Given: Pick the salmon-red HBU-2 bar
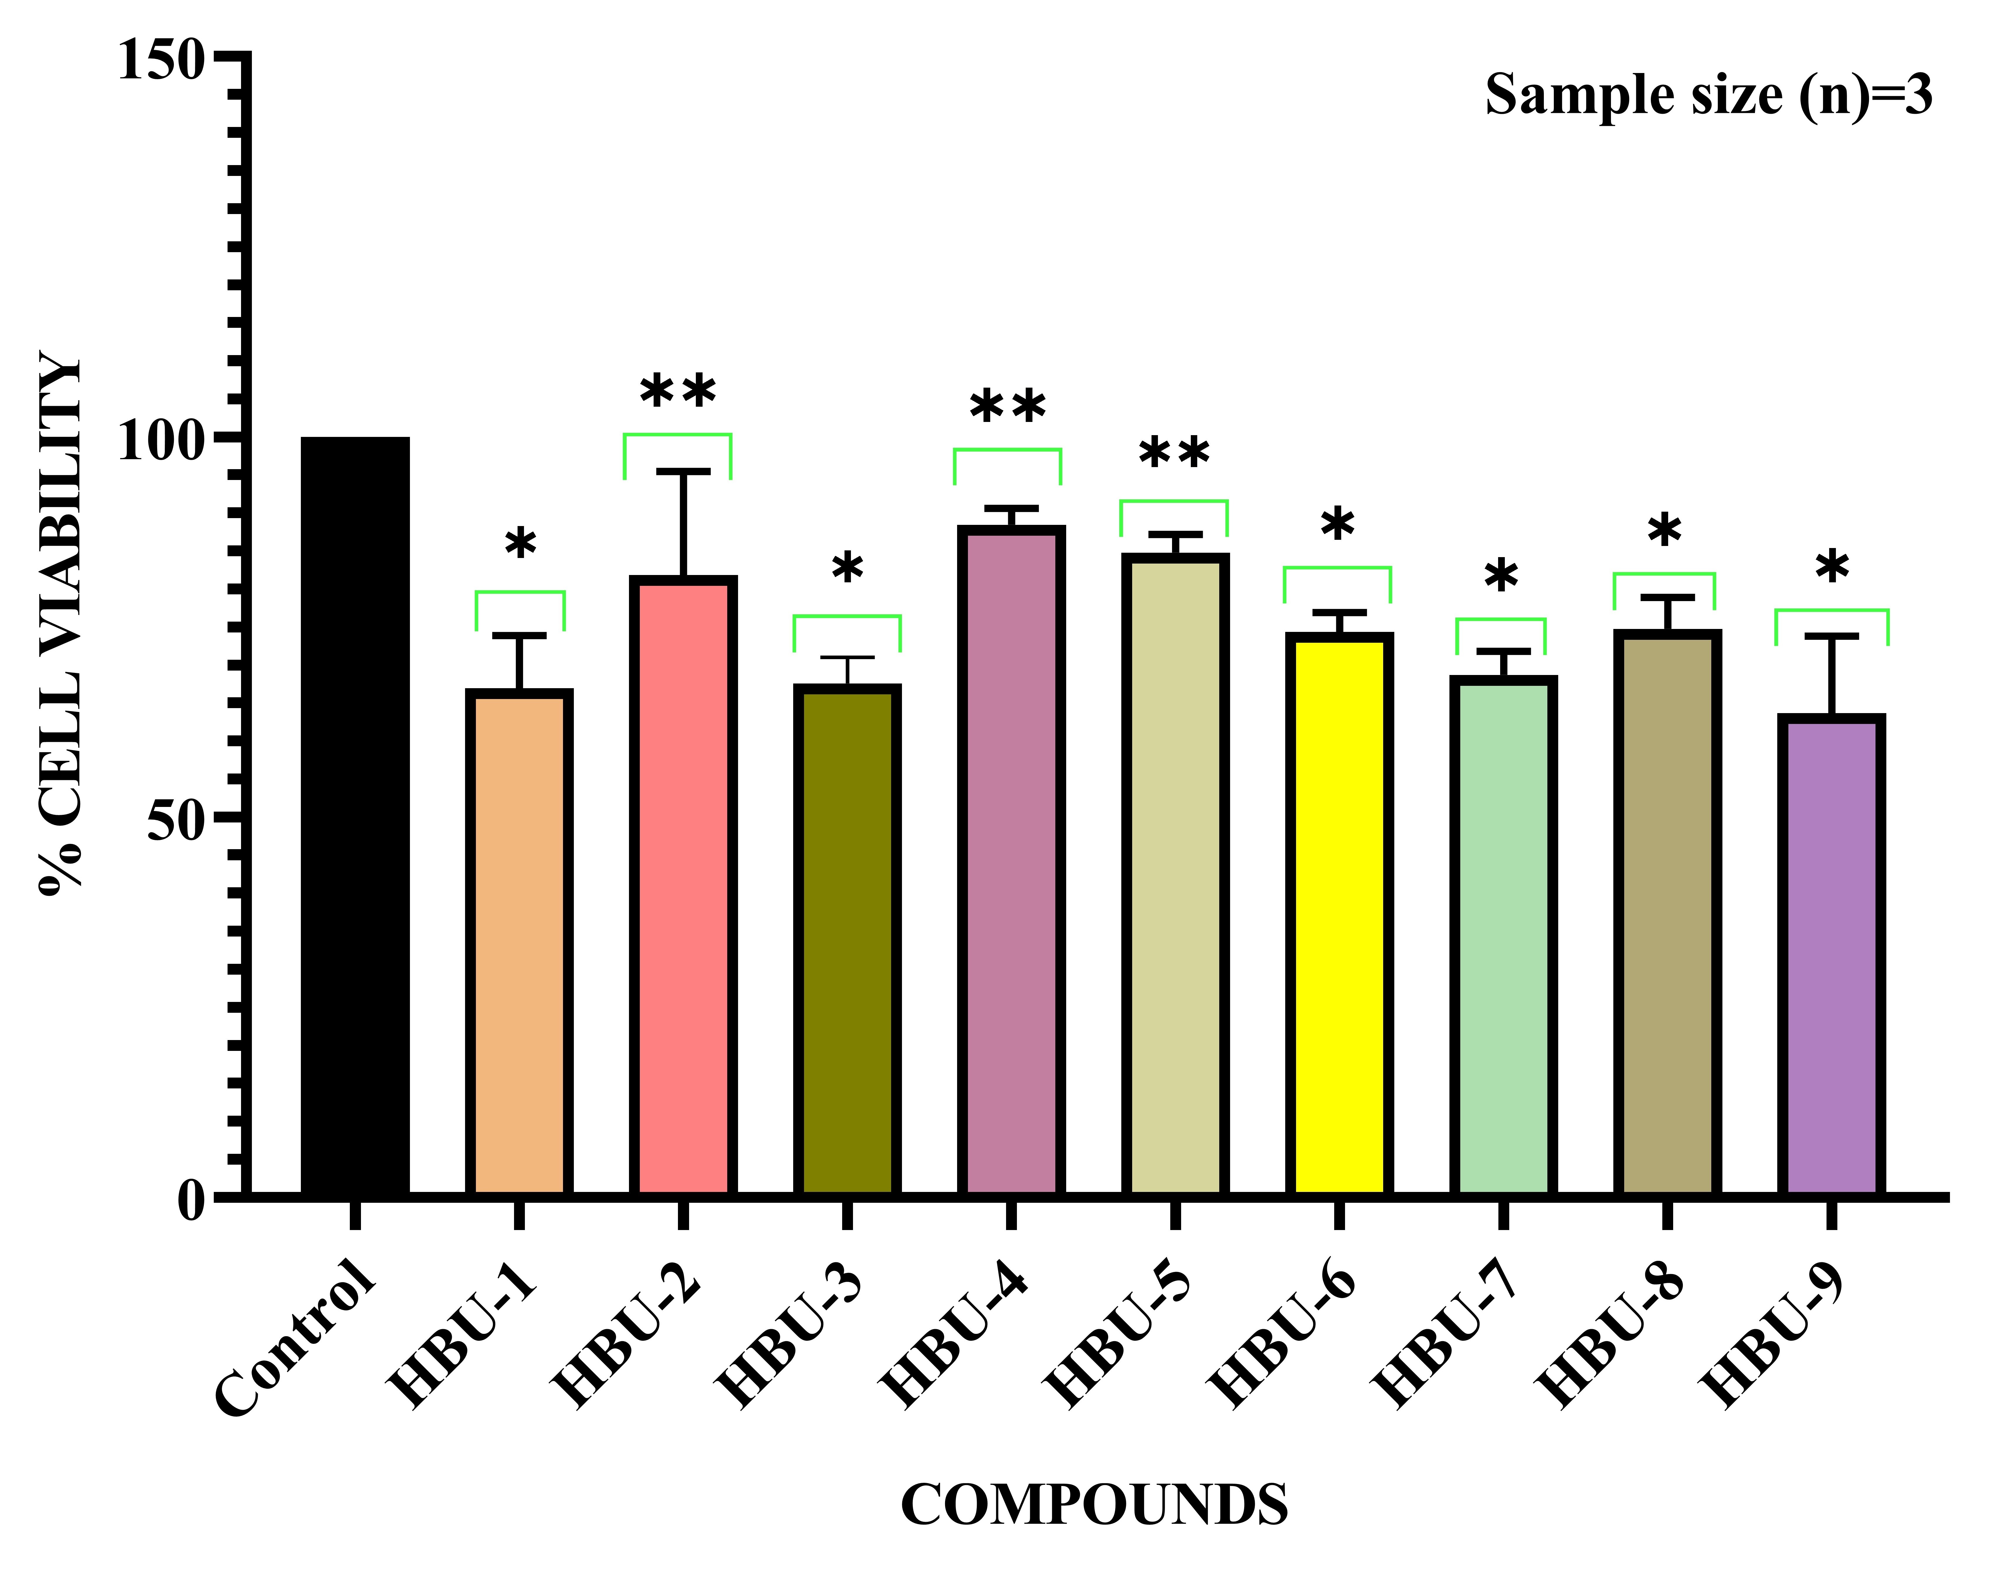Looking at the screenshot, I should point(682,886).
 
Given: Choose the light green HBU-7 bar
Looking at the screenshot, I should point(1503,937).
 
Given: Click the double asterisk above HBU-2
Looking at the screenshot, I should point(678,393).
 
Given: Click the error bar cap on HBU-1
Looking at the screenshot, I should point(519,635).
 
